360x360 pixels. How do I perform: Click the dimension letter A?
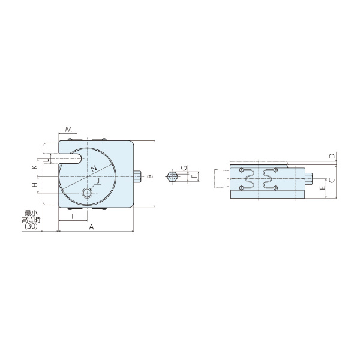click(x=91, y=227)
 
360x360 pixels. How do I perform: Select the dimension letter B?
click(x=150, y=176)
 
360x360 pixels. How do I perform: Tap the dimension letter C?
click(x=332, y=181)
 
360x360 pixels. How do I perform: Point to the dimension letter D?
click(x=332, y=156)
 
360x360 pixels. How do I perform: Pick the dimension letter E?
click(x=322, y=188)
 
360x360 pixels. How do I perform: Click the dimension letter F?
click(x=194, y=176)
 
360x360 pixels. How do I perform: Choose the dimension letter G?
click(x=184, y=168)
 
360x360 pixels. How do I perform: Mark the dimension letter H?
click(x=34, y=185)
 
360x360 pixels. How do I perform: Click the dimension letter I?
click(x=73, y=216)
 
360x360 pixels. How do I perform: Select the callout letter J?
click(x=98, y=181)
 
